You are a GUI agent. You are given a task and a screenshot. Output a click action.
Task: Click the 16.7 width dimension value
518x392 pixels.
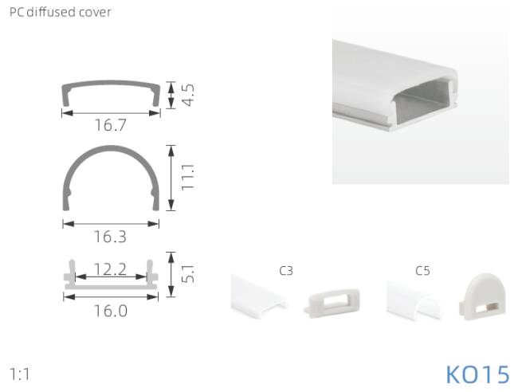(111, 125)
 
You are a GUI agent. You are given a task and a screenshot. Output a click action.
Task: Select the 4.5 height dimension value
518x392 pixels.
(188, 95)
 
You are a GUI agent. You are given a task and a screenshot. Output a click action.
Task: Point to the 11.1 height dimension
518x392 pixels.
(187, 177)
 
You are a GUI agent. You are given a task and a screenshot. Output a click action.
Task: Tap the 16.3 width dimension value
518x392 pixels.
(110, 237)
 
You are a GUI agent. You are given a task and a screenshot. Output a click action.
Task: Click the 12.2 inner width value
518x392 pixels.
(110, 269)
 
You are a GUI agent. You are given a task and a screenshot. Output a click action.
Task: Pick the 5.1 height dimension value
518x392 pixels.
(188, 274)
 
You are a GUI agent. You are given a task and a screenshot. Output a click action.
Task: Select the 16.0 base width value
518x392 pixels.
(111, 311)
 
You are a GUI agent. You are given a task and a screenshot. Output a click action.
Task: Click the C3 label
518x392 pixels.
(286, 271)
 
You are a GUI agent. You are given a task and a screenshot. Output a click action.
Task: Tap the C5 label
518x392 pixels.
(422, 271)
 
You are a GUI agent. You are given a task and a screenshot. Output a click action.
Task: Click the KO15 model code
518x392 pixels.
(477, 374)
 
